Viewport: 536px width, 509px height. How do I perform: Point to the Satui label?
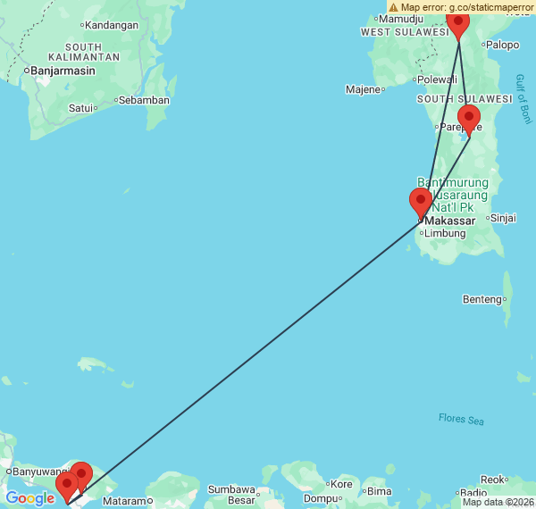82,108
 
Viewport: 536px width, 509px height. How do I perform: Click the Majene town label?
364,89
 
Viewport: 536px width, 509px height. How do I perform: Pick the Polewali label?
437,79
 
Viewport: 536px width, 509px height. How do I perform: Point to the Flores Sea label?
461,418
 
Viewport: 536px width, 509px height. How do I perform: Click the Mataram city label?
124,502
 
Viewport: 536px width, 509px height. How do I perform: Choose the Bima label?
379,491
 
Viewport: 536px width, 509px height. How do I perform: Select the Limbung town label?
445,233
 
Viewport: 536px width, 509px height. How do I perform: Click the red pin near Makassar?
420,203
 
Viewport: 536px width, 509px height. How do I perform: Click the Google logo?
29,498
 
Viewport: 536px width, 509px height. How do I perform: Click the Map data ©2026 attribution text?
497,502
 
